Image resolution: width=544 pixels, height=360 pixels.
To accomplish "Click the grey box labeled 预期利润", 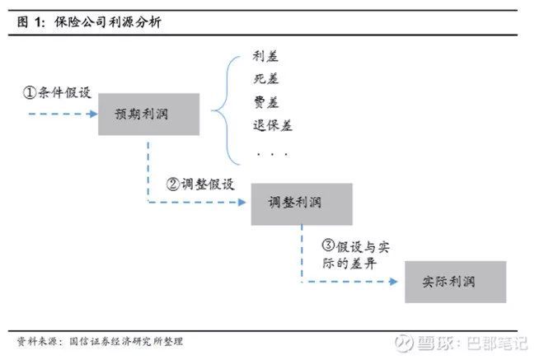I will (149, 114).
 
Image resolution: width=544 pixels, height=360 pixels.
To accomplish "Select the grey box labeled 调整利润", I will (301, 203).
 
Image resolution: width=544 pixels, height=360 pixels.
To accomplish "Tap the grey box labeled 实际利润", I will (455, 282).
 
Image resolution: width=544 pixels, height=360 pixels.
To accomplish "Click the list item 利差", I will (266, 57).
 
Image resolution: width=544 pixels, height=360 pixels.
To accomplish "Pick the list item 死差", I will (266, 80).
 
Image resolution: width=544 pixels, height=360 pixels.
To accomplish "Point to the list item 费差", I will (266, 103).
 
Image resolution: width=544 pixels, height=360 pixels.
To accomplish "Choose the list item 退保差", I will (273, 126).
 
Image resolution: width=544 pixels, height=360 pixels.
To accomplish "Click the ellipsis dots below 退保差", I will (271, 153).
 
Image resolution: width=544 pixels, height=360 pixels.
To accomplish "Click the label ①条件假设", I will (57, 92).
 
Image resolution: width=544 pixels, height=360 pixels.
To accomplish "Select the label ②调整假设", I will (200, 184).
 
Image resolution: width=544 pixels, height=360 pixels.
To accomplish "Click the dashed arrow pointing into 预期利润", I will (62, 114).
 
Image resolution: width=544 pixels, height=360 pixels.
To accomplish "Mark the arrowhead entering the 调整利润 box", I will (245, 203).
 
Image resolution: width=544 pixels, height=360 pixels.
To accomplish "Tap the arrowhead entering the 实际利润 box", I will (398, 282).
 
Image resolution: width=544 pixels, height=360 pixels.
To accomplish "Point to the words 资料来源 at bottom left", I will (38, 341).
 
